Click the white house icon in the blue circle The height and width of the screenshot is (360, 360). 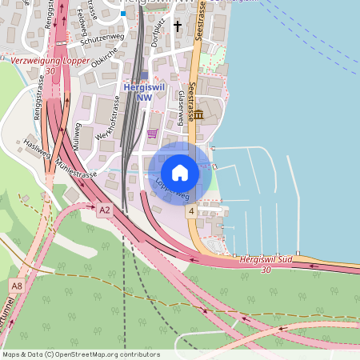[x=180, y=172]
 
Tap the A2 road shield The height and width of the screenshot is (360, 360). [x=105, y=211]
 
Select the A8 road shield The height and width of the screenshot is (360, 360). [x=17, y=286]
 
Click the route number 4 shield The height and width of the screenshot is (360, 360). [x=191, y=211]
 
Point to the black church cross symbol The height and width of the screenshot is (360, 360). [x=178, y=26]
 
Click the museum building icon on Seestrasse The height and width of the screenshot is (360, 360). [x=198, y=116]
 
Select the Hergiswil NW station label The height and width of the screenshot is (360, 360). [x=144, y=92]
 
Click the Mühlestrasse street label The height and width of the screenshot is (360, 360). [x=77, y=169]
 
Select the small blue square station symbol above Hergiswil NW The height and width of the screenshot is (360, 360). [x=144, y=75]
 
